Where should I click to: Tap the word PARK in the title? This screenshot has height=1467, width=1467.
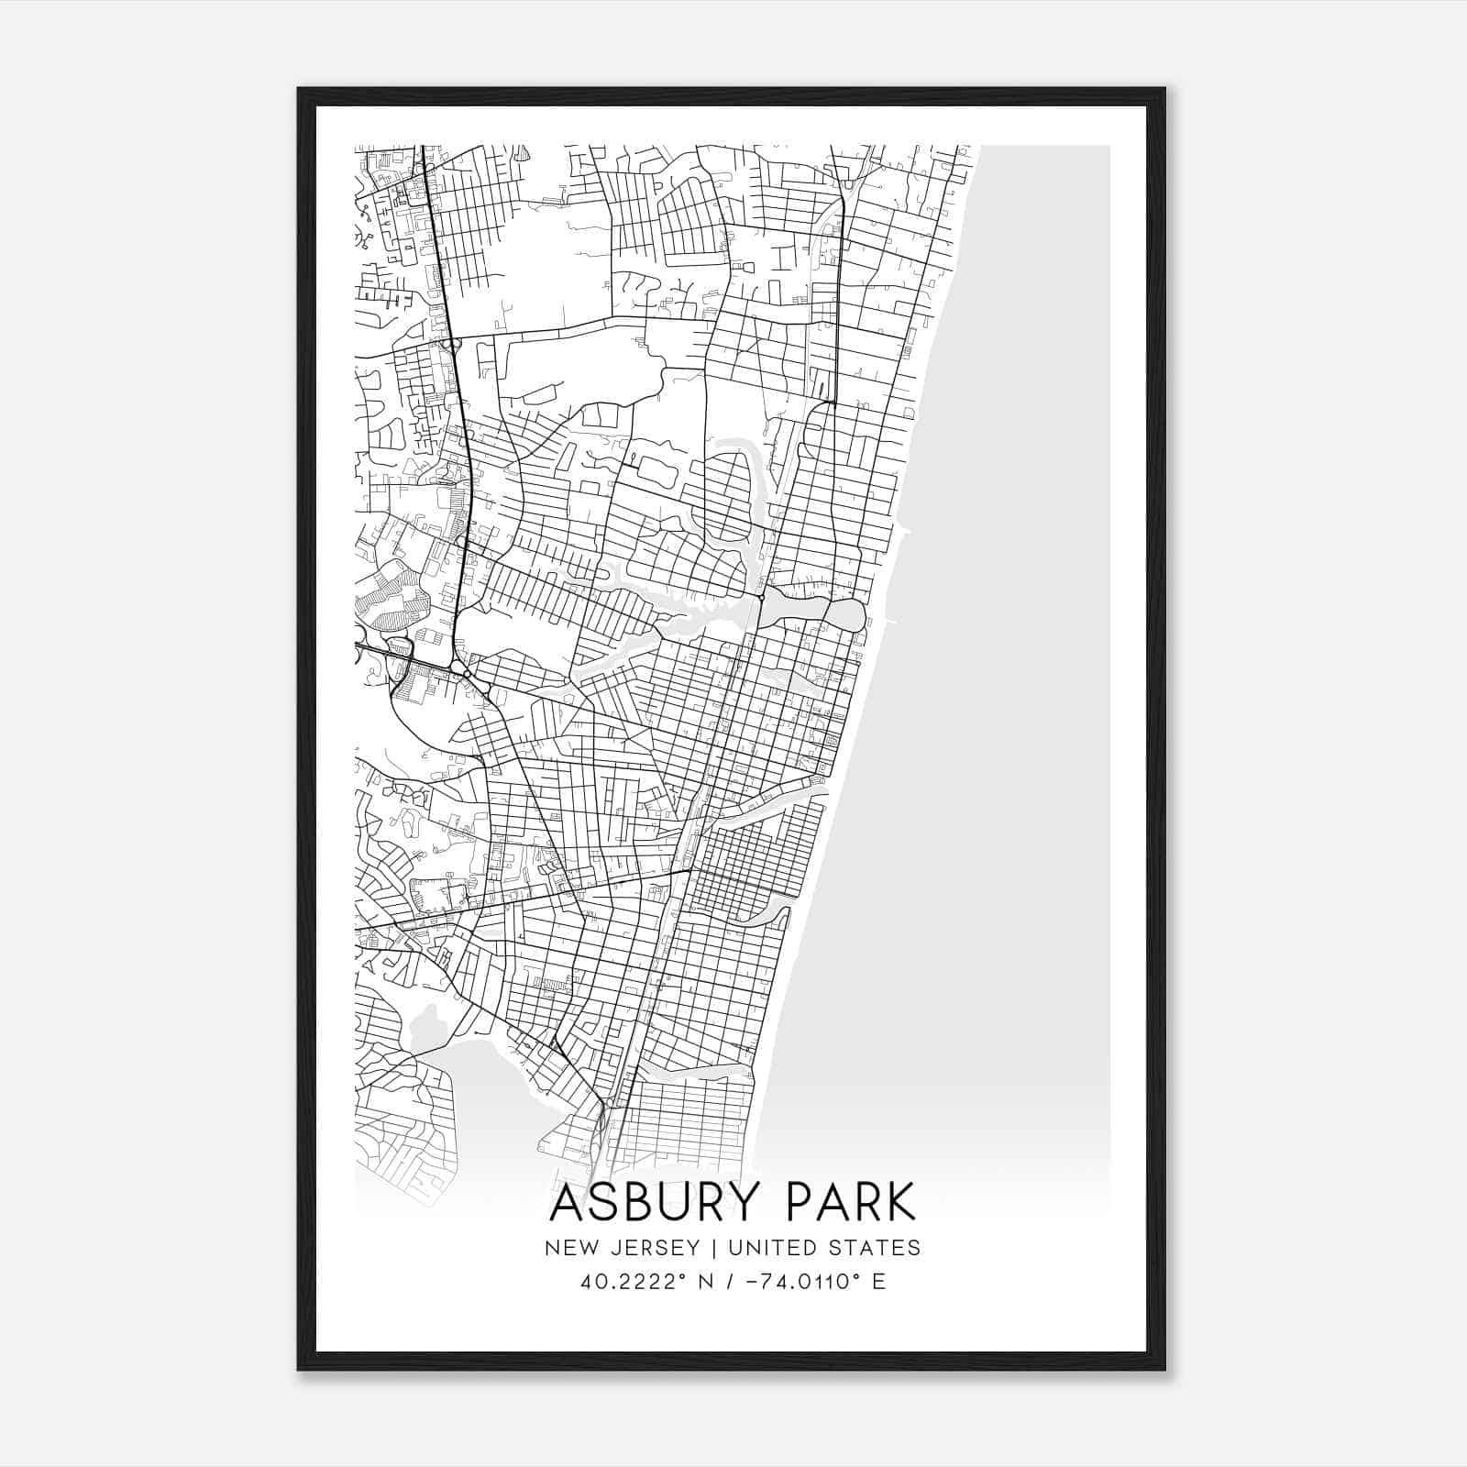[844, 1203]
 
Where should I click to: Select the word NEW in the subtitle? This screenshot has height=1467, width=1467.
[566, 1248]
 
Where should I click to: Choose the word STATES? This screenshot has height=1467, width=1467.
[875, 1248]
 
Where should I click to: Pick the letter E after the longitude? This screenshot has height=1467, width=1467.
[879, 1282]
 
